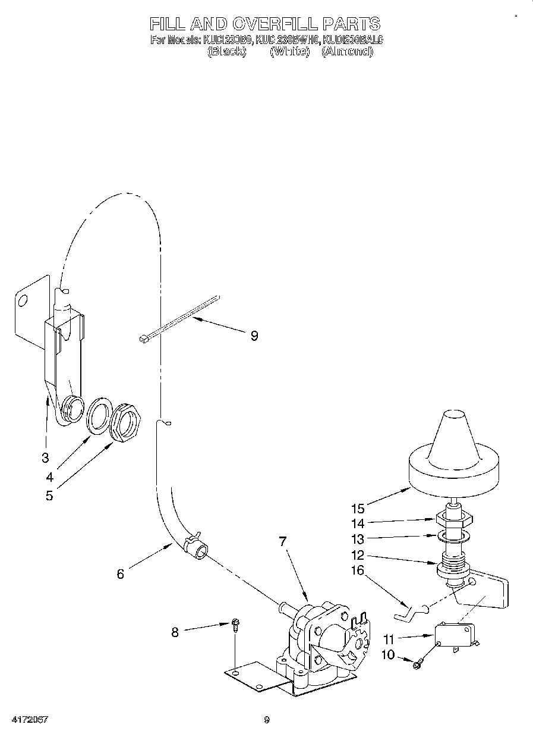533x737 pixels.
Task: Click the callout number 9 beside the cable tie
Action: pos(254,336)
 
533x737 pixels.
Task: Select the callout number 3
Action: pos(45,457)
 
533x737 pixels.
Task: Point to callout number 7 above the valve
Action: pos(283,541)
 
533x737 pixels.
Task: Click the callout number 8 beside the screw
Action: pos(175,632)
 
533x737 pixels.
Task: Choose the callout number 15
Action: pos(358,509)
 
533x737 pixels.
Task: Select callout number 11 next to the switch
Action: pos(389,641)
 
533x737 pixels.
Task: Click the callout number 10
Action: pos(387,655)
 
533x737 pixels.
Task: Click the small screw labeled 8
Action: pos(236,625)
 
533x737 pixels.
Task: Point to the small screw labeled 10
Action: pos(417,663)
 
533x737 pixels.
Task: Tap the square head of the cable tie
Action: pos(143,339)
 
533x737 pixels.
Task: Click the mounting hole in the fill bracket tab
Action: pos(23,299)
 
